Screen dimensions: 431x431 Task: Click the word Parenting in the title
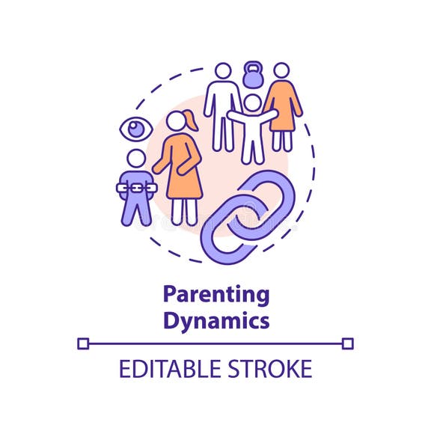[x=215, y=294]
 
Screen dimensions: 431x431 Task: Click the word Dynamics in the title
[x=215, y=321]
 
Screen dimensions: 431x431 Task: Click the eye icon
[x=136, y=129]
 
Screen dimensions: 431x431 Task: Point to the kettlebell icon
[x=253, y=77]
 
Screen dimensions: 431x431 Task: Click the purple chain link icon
[x=248, y=216]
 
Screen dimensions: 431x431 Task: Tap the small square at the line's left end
[x=83, y=343]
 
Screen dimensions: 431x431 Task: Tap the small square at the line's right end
[x=347, y=343]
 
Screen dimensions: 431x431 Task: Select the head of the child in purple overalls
[x=136, y=159]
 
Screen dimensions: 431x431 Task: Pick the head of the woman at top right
[x=281, y=71]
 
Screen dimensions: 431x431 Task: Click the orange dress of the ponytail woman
[x=180, y=168]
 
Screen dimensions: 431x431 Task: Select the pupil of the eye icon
[x=136, y=129]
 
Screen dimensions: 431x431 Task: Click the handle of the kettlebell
[x=253, y=67]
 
